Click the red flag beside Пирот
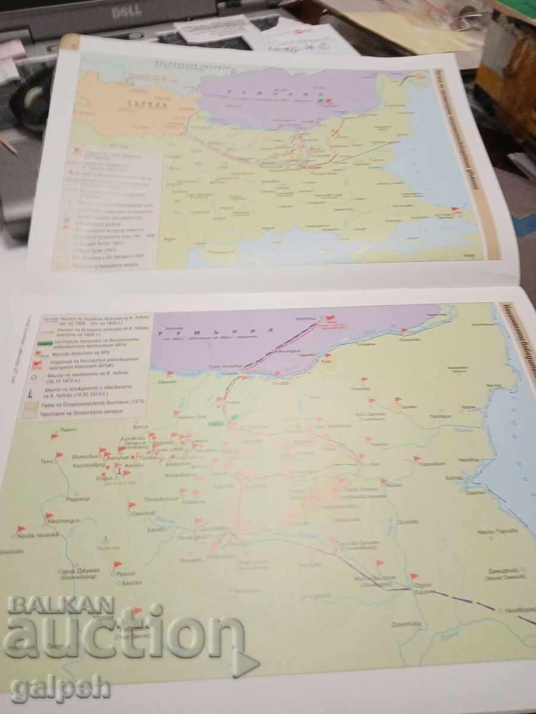tap(54, 436)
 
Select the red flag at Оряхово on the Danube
tap(170, 374)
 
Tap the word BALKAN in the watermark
tap(61, 605)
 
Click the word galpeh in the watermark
tap(60, 688)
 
